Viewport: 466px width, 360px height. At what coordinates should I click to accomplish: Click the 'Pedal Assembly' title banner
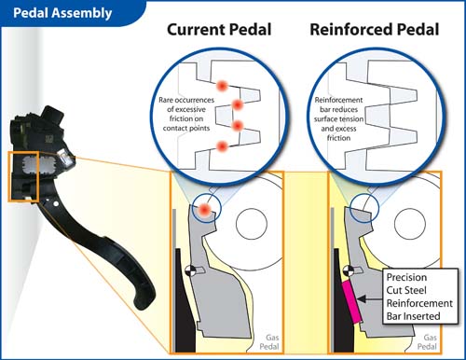[x=62, y=13]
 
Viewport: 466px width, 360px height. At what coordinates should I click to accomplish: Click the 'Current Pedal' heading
[x=219, y=30]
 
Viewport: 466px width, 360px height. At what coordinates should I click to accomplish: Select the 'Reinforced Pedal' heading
[x=375, y=30]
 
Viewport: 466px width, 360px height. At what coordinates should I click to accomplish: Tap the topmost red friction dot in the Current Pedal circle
[x=222, y=86]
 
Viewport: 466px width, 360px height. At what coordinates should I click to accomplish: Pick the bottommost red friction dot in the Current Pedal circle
[x=222, y=146]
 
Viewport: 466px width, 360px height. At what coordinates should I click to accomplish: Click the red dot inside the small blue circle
[x=205, y=210]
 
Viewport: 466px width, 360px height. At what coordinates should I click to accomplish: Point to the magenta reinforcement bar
[x=351, y=301]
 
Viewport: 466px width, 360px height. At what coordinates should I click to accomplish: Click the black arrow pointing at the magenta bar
[x=370, y=299]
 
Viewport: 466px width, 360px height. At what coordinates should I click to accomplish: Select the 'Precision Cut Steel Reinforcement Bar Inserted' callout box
[x=420, y=297]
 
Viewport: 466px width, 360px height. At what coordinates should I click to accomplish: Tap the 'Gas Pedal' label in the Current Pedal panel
[x=269, y=342]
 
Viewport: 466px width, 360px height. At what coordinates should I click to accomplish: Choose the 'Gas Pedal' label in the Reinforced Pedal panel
[x=427, y=342]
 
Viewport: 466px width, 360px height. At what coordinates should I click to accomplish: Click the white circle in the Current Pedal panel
[x=252, y=224]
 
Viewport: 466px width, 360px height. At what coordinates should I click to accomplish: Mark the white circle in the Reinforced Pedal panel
[x=410, y=224]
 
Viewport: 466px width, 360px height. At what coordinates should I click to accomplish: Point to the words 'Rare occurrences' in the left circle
[x=186, y=100]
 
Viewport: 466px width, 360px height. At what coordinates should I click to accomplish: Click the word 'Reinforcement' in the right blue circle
[x=338, y=100]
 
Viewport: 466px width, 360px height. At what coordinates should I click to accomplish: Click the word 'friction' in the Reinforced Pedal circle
[x=338, y=138]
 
